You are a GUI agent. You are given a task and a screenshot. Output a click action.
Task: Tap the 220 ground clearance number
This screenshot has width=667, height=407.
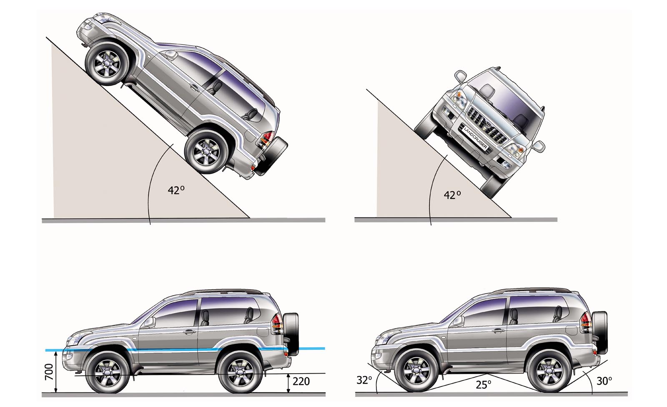coord(301,382)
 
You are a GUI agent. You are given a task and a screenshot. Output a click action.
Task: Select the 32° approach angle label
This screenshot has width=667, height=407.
coord(364,380)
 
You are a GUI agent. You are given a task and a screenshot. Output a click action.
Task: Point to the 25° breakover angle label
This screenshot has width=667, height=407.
coord(483,384)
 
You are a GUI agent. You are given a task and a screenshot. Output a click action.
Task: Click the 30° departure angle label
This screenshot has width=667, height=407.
coord(604,381)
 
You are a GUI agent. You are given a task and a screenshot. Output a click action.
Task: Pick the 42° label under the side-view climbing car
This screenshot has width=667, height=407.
coord(176,190)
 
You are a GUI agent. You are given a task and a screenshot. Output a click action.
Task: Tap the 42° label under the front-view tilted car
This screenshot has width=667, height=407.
coord(452,195)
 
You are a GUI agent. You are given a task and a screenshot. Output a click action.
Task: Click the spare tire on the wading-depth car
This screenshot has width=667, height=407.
coord(291,334)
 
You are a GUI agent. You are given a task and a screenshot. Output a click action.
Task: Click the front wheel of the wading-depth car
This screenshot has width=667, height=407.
coord(108,373)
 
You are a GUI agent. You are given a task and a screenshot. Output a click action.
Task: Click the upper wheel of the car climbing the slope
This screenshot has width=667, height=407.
coord(107,63)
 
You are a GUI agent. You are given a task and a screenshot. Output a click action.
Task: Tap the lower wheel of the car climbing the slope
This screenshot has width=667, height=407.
coord(206,152)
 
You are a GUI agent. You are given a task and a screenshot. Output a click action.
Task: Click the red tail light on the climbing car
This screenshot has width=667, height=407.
coord(266,139)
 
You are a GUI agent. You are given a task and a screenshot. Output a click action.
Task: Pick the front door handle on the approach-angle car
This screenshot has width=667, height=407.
coord(498,330)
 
